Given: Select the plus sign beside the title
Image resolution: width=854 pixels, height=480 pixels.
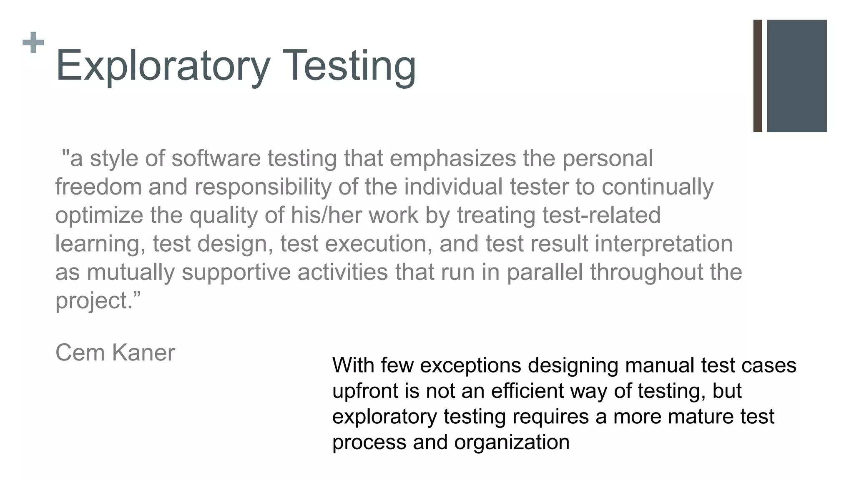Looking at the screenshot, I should [x=33, y=42].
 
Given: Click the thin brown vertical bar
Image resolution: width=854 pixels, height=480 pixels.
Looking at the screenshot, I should [x=758, y=76].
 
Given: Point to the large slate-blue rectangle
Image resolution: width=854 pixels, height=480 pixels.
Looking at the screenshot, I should [x=796, y=76].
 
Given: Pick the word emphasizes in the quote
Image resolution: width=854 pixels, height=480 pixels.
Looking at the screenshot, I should [x=452, y=159].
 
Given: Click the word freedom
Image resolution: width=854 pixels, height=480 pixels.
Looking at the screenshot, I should [x=98, y=187].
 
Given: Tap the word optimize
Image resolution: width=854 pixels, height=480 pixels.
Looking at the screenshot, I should [x=99, y=215].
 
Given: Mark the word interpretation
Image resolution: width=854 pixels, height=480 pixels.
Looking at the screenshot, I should [x=663, y=244].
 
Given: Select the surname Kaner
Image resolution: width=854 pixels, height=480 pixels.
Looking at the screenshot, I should [x=143, y=353].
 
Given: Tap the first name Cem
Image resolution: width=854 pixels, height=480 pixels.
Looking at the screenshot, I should [x=80, y=353].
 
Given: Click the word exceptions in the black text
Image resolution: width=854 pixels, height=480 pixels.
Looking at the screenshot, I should [x=470, y=365].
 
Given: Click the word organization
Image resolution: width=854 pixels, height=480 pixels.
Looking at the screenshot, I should [x=512, y=442].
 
